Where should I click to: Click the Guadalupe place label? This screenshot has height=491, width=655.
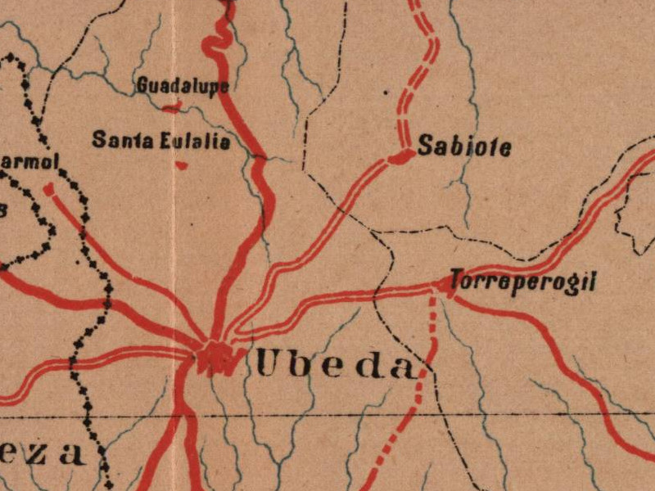point(182,85)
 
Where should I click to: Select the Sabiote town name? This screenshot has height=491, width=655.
point(464,147)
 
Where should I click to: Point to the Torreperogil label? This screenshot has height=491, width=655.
point(522,283)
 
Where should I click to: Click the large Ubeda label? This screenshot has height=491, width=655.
point(336,364)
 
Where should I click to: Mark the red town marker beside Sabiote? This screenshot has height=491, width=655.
point(402,156)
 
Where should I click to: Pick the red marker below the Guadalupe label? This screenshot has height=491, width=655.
point(172,106)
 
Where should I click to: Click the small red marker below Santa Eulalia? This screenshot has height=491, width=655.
point(182,165)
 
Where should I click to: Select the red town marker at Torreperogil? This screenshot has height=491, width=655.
point(445,284)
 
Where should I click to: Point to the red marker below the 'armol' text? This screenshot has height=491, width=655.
point(48,190)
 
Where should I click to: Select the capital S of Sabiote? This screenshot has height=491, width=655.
point(425,146)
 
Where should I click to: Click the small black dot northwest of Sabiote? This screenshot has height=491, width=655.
point(386,92)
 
